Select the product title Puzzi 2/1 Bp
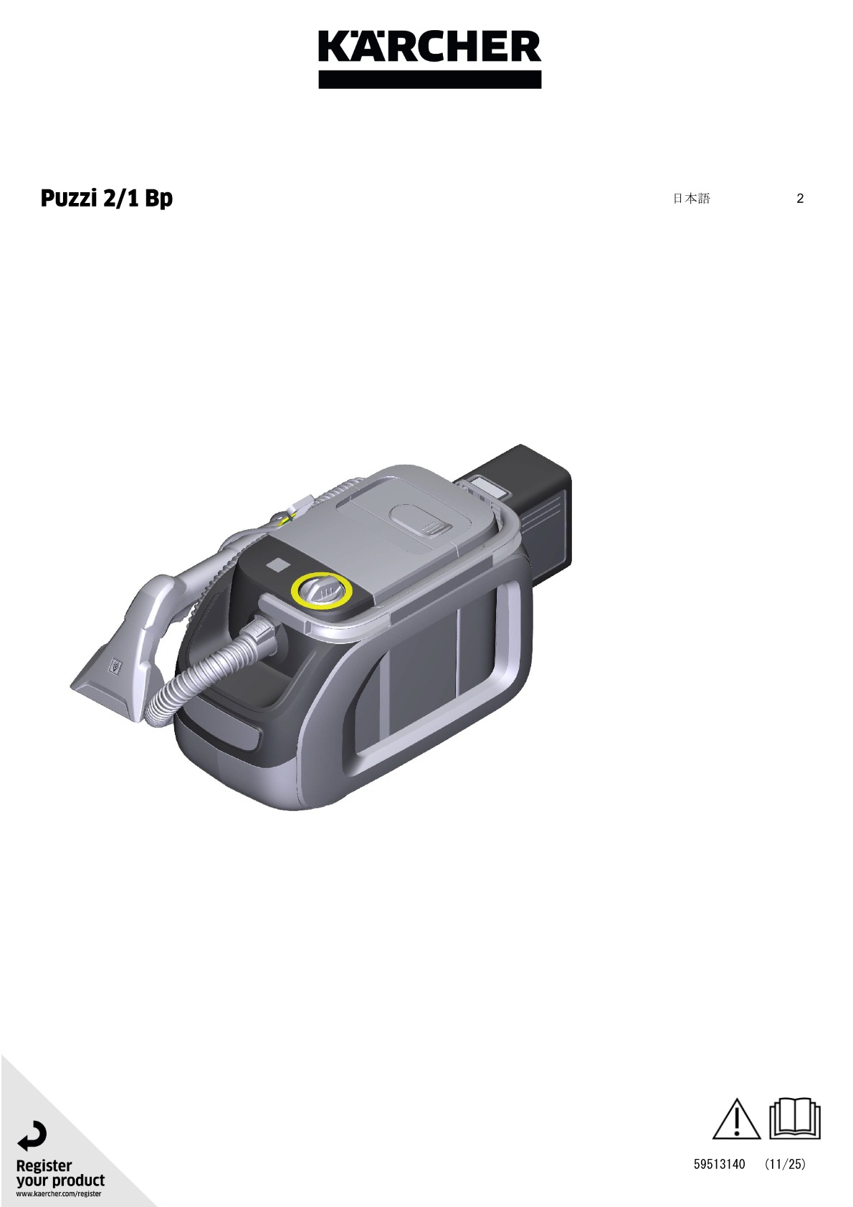pyautogui.click(x=107, y=199)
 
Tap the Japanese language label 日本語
pyautogui.click(x=692, y=198)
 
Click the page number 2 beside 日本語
pyautogui.click(x=800, y=199)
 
